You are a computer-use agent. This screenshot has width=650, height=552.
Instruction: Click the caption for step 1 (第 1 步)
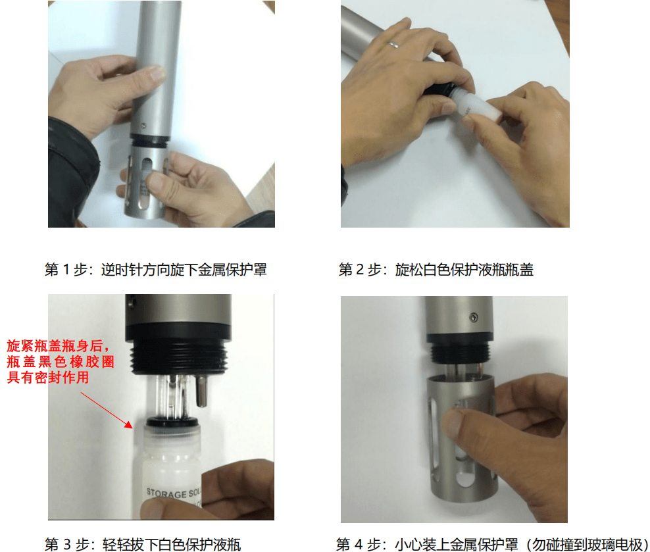tap(155, 270)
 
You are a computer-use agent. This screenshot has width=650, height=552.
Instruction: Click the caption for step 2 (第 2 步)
tap(436, 270)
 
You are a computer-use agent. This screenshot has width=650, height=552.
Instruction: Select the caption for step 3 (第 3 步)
tap(142, 544)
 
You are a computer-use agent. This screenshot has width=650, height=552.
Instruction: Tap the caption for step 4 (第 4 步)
tap(492, 544)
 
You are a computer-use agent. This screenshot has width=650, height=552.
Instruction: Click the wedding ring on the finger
tap(393, 45)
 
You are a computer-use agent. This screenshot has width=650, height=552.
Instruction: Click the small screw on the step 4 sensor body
tap(472, 318)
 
